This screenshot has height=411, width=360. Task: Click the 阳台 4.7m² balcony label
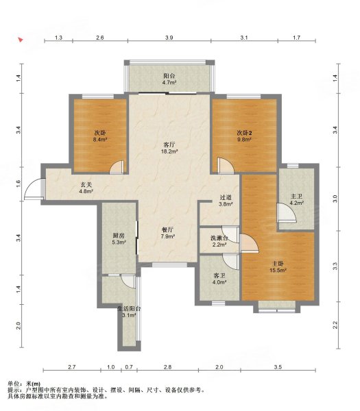(x=169, y=79)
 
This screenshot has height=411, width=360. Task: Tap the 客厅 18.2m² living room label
(x=169, y=148)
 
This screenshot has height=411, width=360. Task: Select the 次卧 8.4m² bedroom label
(x=100, y=136)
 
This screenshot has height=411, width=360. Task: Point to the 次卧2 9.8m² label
(x=245, y=136)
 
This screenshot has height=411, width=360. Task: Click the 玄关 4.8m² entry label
(x=86, y=188)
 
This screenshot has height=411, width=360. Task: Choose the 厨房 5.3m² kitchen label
(x=119, y=239)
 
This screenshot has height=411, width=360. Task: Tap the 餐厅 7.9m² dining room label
(x=168, y=233)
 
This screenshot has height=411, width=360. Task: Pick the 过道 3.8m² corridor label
(x=226, y=201)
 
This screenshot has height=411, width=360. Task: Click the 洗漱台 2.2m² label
(x=219, y=241)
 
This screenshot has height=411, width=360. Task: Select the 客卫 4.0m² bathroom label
(x=219, y=279)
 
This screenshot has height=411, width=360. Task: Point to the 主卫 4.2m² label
(x=297, y=199)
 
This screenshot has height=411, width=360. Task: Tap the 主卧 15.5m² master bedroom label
(x=278, y=267)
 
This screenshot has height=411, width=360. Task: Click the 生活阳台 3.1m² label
(x=129, y=312)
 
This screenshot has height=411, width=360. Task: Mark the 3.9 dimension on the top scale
(x=169, y=38)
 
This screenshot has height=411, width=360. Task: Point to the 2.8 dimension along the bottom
(x=167, y=367)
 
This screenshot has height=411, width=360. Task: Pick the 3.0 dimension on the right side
(x=335, y=199)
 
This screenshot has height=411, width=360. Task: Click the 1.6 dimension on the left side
(x=19, y=184)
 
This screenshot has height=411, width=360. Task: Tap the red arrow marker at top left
(x=21, y=40)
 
